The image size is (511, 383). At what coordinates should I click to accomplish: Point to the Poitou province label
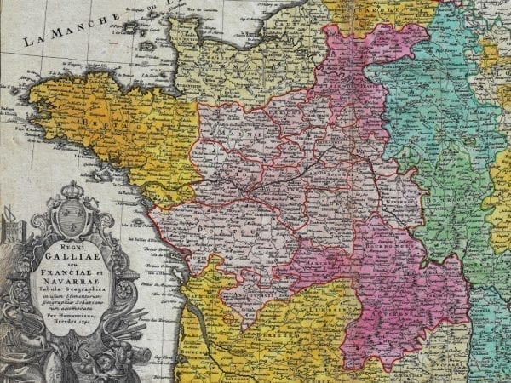207,230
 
